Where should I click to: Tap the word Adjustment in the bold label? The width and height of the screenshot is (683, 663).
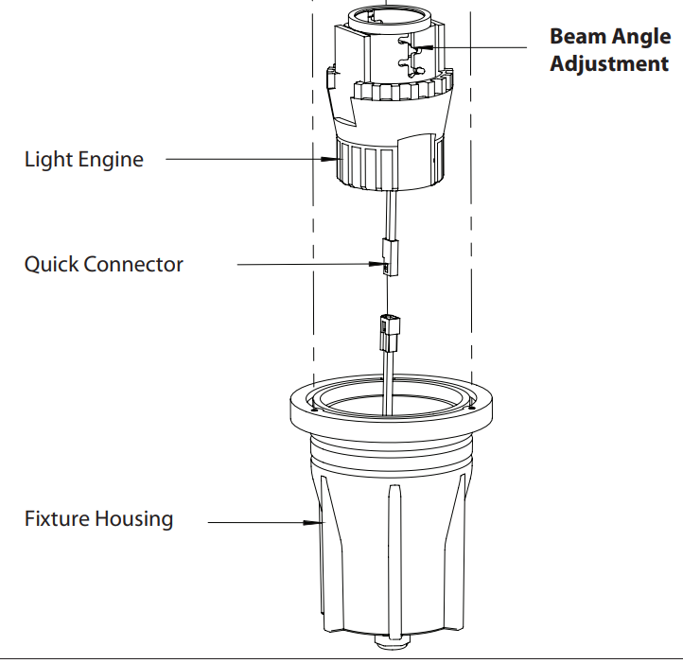tap(609, 64)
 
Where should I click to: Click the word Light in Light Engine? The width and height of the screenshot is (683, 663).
tap(46, 159)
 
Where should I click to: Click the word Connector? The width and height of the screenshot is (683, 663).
tap(133, 264)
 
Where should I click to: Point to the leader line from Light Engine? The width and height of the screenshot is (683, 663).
tap(246, 159)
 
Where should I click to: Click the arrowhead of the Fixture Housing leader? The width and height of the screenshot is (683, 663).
tap(312, 521)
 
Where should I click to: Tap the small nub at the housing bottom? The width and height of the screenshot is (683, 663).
tap(391, 646)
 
